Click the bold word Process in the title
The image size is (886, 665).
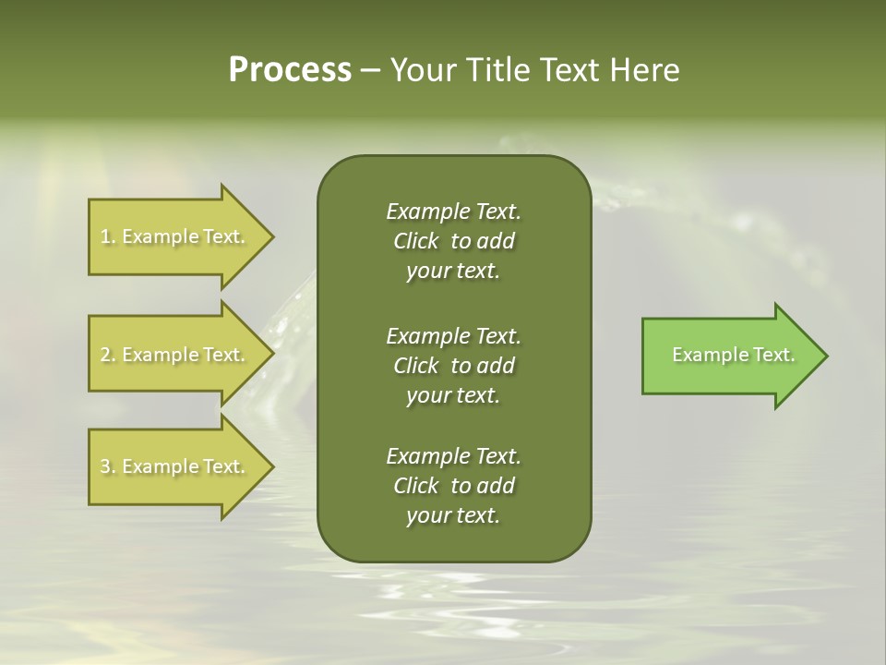point(290,70)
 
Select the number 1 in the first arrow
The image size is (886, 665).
point(104,236)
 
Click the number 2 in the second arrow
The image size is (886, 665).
point(104,355)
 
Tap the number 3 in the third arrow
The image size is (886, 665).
point(104,466)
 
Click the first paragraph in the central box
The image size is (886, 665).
point(453,241)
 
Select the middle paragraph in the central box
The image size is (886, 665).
point(453,365)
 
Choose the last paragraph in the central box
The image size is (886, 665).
point(453,486)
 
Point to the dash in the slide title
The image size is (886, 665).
point(370,70)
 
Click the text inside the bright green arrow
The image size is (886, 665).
point(733,355)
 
